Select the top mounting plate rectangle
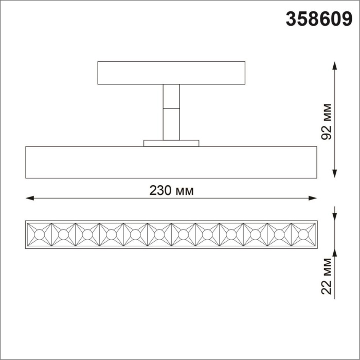pos(171,73)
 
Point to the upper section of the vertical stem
pos(171,96)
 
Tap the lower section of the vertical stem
pos(171,124)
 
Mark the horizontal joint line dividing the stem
pos(171,109)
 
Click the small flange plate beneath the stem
pos(171,143)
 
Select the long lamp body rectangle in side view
pos(171,163)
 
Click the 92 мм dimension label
pos(326,121)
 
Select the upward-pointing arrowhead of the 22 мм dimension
pos(335,253)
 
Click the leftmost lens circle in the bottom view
pos(39,235)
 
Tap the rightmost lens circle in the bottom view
pos(303,235)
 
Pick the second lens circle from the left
pos(63,235)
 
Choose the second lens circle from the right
pos(279,235)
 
